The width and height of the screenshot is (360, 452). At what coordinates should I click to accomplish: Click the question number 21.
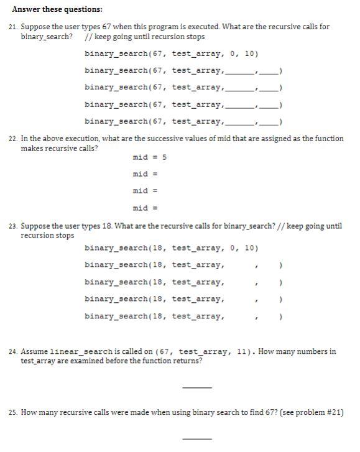14,27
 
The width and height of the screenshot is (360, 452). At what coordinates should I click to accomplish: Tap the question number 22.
14,139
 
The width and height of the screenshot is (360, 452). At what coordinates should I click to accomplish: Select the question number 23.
14,226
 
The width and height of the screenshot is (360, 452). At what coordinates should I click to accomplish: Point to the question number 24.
14,352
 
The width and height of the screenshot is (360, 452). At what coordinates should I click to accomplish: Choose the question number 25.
14,412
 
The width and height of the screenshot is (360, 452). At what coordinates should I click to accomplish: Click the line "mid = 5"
150,157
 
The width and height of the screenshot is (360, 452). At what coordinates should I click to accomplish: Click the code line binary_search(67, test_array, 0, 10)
171,54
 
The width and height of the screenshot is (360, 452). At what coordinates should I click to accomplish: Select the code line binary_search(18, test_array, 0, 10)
171,249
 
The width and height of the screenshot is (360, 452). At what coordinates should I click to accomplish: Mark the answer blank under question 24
196,387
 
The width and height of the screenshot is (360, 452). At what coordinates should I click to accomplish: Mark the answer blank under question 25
196,439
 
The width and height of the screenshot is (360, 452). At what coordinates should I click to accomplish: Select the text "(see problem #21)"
312,412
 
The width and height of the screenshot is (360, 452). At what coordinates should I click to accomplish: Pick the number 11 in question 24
242,352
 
